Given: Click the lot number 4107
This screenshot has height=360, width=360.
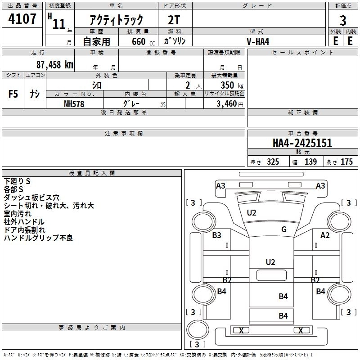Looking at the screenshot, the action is coord(22,19).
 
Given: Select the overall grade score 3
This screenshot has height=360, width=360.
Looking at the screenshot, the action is coord(343,21).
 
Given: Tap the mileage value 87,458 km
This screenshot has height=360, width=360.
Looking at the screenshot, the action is coord(55,65).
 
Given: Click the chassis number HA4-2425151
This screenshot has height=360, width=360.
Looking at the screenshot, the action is coord(302,143).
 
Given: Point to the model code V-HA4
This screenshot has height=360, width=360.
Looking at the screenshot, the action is coord(258,41).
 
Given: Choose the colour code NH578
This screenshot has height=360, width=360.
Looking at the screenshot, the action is coord(74,104).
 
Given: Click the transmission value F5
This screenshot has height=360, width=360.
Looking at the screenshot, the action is coord(13,94).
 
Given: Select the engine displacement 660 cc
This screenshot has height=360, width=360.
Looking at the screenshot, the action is coord(143,42).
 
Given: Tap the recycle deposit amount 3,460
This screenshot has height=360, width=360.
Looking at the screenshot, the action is coord(226,104).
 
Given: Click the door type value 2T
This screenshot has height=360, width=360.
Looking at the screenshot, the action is coord(174,20).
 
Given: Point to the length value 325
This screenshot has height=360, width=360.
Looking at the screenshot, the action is coord(273,162).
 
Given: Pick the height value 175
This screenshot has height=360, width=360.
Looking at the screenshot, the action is coord(346,162).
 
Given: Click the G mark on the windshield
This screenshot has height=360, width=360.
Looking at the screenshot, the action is coord(284,229).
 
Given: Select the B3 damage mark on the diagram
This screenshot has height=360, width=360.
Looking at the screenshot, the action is coord(216,235).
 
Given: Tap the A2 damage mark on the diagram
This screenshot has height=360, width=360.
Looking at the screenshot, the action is coord(325,235).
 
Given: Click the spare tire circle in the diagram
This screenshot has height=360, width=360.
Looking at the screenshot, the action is coord(198,329).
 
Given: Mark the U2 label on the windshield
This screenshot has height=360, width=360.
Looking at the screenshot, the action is coord(252,213).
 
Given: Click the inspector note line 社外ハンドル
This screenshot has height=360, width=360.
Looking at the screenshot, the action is coord(24,222).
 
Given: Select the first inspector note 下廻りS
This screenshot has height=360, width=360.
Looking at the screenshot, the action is coord(17,181).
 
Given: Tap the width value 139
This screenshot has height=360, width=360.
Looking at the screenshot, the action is coord(310,162).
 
